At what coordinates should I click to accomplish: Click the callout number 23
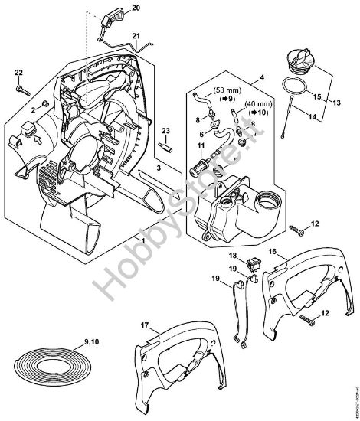coord(165,131)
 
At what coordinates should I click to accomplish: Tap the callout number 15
coord(313,97)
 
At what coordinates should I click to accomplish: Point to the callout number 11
coord(201,145)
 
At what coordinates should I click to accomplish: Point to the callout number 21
coord(136,36)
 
